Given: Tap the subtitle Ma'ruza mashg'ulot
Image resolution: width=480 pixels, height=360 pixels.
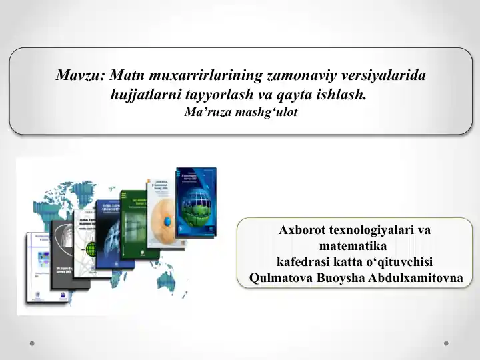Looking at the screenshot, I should pos(240,112).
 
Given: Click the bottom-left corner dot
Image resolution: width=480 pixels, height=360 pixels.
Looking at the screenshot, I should pos(32,344).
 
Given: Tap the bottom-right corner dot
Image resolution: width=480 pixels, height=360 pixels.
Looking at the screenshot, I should pos(446,344).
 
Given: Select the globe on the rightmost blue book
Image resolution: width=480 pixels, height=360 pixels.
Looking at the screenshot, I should pos(197,200).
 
